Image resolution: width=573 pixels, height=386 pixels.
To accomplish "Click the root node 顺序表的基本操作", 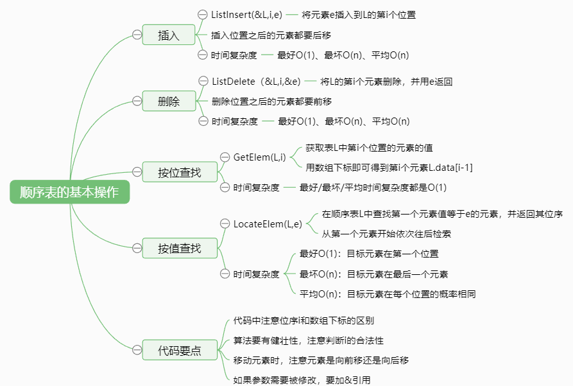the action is point(70,192).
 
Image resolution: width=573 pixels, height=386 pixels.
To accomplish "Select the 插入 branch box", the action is point(169,35).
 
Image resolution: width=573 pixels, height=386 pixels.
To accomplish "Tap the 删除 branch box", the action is point(169,101).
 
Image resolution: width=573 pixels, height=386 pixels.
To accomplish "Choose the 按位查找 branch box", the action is point(180,172).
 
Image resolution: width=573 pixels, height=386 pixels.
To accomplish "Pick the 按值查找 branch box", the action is point(180,248).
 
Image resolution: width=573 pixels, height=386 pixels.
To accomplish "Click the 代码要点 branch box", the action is point(180,350).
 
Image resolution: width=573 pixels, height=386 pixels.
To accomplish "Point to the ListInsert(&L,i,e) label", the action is point(246,15).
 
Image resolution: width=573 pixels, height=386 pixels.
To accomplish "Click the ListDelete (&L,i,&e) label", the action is point(256,81).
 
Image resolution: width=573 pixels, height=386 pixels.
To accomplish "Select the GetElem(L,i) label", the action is point(259,157).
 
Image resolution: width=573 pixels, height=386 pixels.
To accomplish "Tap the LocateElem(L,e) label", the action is point(268,224).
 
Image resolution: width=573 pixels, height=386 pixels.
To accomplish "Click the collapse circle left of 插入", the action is point(137,35).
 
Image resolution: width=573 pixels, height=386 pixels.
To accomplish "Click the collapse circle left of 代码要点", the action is point(137,350).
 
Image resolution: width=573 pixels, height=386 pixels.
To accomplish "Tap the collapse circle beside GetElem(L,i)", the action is point(225,157).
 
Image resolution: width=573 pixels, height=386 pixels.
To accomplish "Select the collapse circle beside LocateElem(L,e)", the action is point(225,224).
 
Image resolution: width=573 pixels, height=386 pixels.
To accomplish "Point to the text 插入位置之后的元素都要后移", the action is point(271,35).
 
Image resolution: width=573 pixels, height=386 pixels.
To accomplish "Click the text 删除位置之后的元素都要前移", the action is point(271,101).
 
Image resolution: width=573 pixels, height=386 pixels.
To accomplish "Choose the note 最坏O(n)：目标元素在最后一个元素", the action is point(373,274).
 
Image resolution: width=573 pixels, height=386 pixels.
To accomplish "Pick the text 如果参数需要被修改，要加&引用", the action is point(302,380).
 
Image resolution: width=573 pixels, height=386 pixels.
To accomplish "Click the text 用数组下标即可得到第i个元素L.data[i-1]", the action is point(389,168).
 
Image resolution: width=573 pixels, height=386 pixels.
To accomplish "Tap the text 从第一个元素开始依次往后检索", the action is point(386,234).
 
